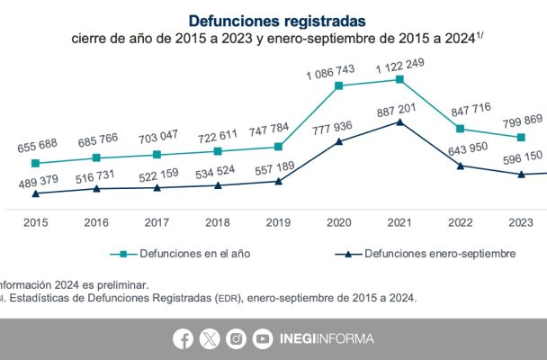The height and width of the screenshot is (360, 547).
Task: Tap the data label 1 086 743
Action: point(339,67)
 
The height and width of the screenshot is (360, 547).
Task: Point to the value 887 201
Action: point(399,107)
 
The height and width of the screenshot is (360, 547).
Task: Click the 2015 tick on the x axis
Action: point(36,222)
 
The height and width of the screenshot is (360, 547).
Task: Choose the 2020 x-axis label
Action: point(339,222)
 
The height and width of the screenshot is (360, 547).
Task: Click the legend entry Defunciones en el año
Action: point(185,254)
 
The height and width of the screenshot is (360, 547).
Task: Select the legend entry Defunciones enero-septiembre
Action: point(426,254)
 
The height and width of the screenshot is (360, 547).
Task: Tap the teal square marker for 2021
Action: point(399,79)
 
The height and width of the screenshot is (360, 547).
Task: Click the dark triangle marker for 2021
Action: point(399,121)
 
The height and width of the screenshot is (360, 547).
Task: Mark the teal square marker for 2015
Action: point(36,163)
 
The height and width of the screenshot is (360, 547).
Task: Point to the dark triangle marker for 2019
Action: point(279,181)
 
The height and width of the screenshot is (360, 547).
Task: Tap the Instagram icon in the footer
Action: point(236,338)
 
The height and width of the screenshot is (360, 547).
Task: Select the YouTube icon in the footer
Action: point(263,338)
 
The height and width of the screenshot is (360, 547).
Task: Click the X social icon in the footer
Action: point(209,338)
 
